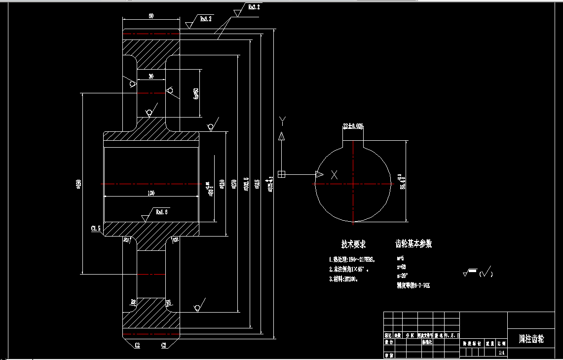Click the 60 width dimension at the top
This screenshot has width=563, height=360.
[151, 16]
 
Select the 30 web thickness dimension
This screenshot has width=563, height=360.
[151, 76]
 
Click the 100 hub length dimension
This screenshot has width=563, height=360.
[151, 193]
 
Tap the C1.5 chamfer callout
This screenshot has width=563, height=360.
[96, 229]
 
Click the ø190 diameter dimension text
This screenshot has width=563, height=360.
[78, 184]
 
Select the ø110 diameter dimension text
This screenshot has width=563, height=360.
[222, 184]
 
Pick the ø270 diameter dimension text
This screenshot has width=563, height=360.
[233, 184]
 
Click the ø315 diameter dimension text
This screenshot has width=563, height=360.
[257, 184]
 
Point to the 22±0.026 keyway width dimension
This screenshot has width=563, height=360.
[353, 126]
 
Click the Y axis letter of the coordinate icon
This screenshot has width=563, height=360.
[282, 120]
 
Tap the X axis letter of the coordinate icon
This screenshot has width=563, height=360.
[335, 174]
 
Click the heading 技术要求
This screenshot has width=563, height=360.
[353, 244]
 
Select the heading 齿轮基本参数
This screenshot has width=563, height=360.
[413, 244]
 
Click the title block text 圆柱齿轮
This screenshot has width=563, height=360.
[531, 339]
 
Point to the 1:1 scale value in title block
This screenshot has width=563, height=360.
[501, 353]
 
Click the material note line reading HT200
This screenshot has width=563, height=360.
[343, 279]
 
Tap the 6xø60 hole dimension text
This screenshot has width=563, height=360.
[196, 93]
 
